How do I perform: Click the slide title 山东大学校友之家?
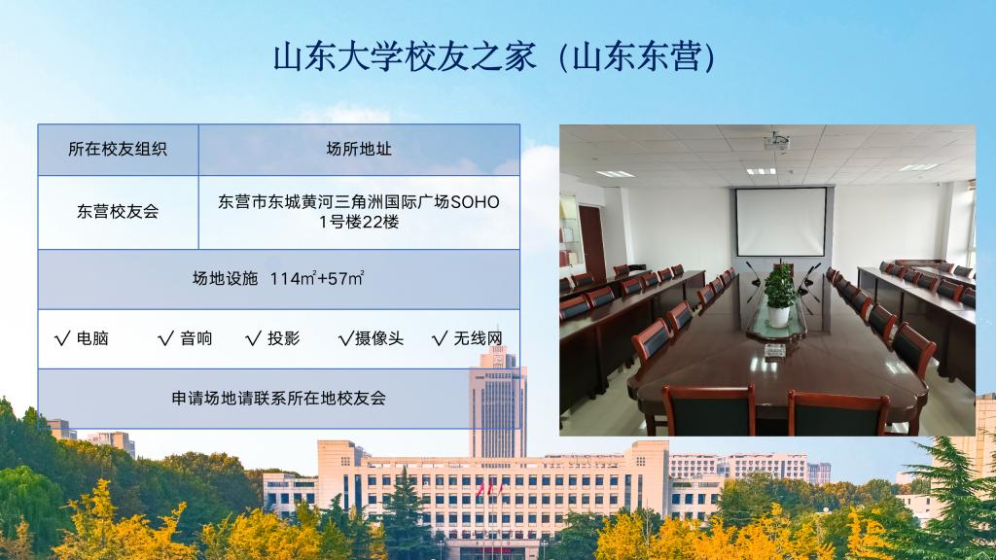click(x=405, y=57)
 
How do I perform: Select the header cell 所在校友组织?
click(x=118, y=149)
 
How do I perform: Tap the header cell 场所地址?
click(x=359, y=149)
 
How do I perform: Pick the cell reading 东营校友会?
click(x=118, y=211)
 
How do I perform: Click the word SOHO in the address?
click(x=475, y=202)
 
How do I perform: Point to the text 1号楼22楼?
click(x=359, y=223)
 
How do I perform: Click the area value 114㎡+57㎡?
click(x=317, y=278)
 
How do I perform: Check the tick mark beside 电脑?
click(x=62, y=338)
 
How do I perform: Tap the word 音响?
click(x=196, y=338)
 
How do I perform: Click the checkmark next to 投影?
click(x=253, y=338)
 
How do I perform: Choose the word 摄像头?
click(x=379, y=338)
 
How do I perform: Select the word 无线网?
click(x=478, y=338)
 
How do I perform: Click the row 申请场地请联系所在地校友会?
click(x=279, y=398)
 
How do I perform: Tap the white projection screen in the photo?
click(x=781, y=222)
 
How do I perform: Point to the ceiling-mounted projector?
click(x=777, y=141)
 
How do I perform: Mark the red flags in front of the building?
click(x=489, y=490)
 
